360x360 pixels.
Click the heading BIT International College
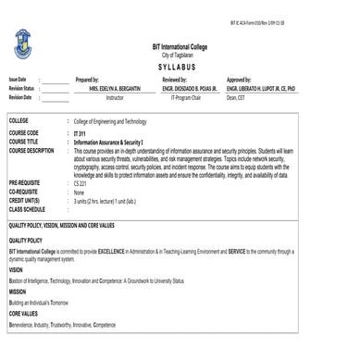pos(180,46)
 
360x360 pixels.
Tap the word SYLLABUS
pos(179,68)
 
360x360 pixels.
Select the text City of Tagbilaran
pos(179,55)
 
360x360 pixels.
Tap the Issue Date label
pos(18,81)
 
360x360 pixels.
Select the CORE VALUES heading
pos(23,313)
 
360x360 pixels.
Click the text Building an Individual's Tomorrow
pos(40,303)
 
